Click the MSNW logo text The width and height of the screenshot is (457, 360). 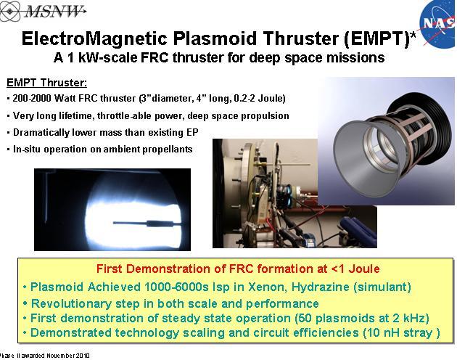pos(54,11)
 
